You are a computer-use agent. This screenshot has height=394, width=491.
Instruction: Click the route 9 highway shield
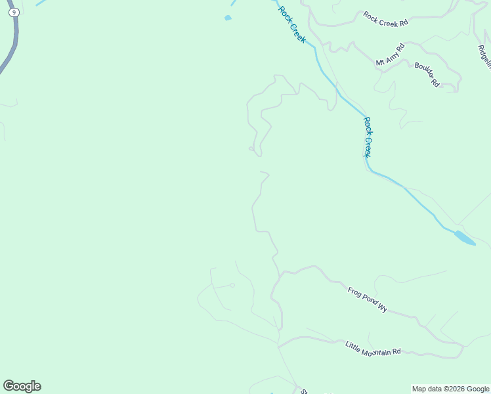[13, 12]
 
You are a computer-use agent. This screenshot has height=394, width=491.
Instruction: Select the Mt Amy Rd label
[390, 54]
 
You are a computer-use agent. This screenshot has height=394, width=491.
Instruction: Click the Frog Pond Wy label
[368, 297]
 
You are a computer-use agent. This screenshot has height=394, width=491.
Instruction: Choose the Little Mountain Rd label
[372, 348]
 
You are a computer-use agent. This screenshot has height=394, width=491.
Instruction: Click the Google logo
[22, 386]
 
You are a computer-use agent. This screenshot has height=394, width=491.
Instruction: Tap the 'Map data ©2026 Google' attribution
[450, 389]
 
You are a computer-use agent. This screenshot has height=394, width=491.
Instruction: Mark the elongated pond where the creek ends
[465, 238]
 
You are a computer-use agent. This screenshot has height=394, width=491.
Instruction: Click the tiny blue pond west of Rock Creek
[228, 18]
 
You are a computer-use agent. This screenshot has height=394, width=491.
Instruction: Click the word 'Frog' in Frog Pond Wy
[355, 292]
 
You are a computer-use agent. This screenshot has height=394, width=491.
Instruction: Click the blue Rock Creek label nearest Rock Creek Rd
[291, 24]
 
